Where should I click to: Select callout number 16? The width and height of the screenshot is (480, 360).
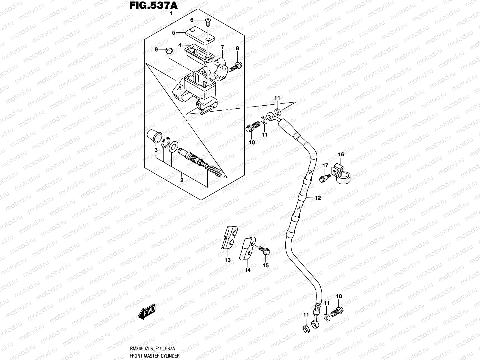[x=341, y=154]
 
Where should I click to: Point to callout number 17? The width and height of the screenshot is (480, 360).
[x=325, y=166]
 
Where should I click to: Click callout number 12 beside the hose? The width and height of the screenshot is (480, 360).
[x=318, y=198]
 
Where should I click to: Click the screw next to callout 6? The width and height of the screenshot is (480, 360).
[x=208, y=20]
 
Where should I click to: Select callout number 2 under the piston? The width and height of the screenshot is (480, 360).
[x=181, y=180]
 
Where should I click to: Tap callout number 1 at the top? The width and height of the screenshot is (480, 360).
[x=171, y=14]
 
